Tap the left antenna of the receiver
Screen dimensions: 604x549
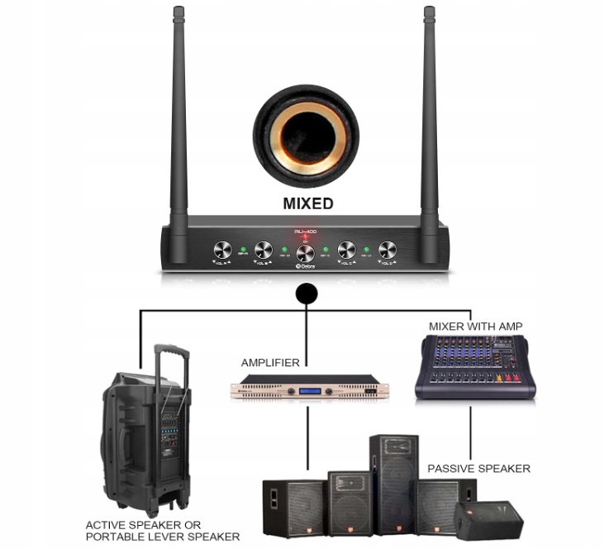click(178, 116)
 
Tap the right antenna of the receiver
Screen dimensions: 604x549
click(429, 116)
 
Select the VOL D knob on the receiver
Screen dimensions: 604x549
click(387, 250)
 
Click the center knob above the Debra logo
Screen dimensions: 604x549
click(305, 254)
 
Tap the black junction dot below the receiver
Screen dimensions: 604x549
click(306, 294)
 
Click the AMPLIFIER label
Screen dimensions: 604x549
click(270, 363)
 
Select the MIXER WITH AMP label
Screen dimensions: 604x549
click(475, 326)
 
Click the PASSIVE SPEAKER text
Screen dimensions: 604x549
click(478, 469)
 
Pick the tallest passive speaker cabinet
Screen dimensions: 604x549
click(393, 484)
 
